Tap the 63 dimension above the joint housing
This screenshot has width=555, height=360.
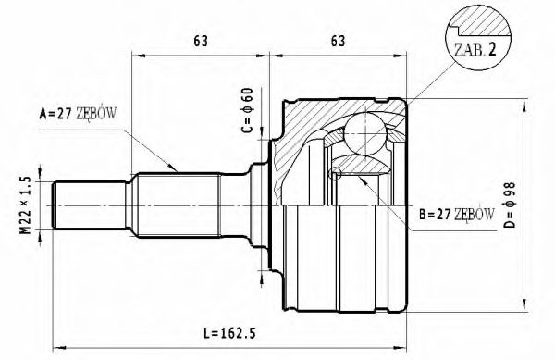pos(339,40)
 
